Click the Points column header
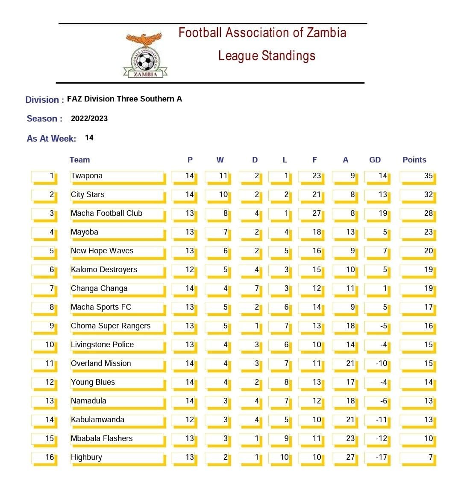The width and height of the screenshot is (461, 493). point(414,160)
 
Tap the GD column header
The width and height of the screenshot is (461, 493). point(375,160)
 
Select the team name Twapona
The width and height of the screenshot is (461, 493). point(87,176)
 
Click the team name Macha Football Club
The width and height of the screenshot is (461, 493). point(106,213)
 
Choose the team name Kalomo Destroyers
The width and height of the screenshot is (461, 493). point(104,270)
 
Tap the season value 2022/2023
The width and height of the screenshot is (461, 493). point(89,119)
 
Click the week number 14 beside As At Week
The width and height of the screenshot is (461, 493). point(89,138)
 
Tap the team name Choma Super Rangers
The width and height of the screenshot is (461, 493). point(111,326)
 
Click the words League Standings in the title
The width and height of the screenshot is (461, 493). point(267,56)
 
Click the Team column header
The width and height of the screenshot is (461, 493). point(79,160)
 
